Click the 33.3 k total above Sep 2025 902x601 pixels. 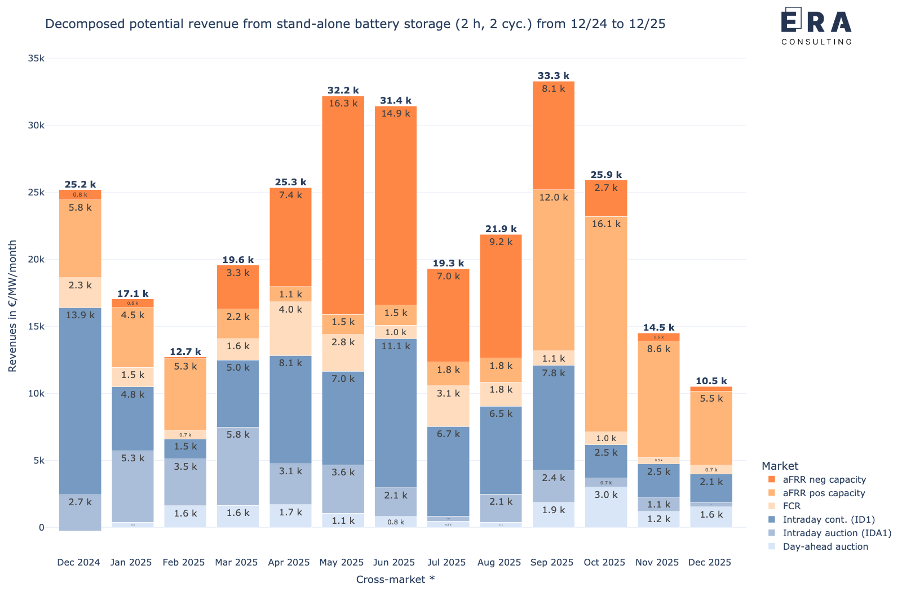[553, 75]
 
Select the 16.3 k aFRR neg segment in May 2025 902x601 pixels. [343, 205]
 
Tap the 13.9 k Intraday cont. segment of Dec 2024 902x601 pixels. [80, 401]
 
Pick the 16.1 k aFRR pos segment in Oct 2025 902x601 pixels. [606, 324]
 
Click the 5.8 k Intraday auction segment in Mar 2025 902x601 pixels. [238, 466]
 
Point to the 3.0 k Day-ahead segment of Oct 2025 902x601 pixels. [606, 507]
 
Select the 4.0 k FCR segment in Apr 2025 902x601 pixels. [290, 328]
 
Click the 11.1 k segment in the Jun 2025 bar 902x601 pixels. [396, 413]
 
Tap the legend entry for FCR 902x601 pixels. [791, 506]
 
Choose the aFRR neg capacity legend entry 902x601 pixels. [824, 479]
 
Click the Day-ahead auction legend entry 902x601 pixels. [825, 546]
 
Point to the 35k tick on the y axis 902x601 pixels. [36, 59]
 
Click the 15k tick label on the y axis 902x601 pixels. [36, 327]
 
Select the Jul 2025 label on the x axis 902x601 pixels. [446, 562]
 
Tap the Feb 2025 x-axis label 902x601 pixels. [184, 562]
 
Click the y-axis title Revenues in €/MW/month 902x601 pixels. [12, 306]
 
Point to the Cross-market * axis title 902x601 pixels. [395, 580]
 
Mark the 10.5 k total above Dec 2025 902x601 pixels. [711, 381]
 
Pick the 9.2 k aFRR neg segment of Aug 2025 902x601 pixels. [501, 296]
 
